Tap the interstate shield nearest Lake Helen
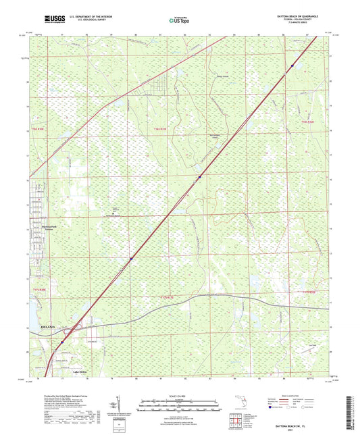coord(63,342)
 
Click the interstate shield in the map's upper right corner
coord(292,66)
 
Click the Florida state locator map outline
coord(238,404)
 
